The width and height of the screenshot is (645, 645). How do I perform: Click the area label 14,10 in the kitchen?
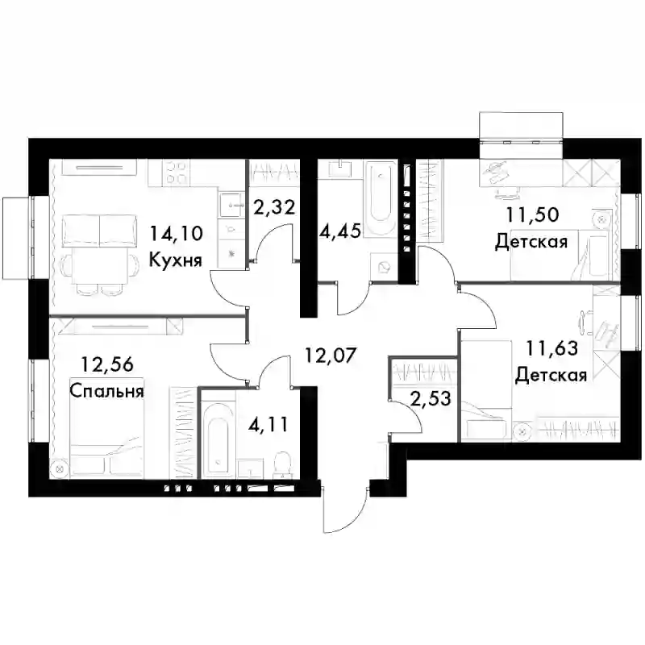click(x=176, y=234)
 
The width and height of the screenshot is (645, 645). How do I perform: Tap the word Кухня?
click(x=176, y=260)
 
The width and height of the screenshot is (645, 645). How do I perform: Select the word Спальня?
click(x=106, y=391)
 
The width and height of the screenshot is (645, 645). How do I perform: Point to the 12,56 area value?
click(x=107, y=365)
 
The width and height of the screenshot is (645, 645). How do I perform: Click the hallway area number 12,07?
click(x=330, y=355)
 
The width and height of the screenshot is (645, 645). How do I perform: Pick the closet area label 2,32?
click(x=274, y=207)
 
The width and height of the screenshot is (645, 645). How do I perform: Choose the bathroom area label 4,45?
click(x=340, y=231)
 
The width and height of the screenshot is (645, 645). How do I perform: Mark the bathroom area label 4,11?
click(x=268, y=424)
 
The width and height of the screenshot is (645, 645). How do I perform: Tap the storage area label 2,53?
click(x=431, y=398)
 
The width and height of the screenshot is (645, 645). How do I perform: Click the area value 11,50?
click(x=532, y=214)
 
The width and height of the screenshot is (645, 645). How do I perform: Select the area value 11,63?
click(x=552, y=349)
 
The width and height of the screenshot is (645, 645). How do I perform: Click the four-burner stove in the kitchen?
click(x=177, y=173)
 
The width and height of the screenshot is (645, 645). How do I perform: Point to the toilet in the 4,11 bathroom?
click(x=282, y=465)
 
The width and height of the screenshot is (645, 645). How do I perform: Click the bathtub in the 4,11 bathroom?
click(x=217, y=439)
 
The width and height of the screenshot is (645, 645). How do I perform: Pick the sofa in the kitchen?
click(x=99, y=231)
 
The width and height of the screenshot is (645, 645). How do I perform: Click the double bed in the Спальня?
click(x=106, y=428)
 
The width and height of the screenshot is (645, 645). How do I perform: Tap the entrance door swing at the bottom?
click(x=345, y=510)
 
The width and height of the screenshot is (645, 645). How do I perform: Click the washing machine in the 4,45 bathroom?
click(x=385, y=268)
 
